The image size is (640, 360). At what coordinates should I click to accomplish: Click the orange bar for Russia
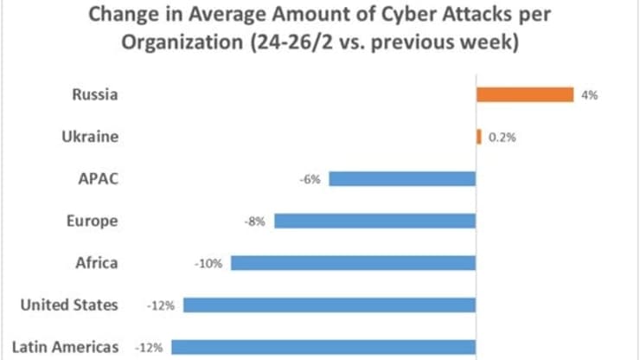pos(525,94)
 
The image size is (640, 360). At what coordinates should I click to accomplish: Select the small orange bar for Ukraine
pos(478,137)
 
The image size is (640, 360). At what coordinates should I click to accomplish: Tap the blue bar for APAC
pos(402,179)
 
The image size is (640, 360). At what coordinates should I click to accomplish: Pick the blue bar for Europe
pos(375,221)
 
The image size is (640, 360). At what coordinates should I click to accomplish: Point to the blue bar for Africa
pos(353,262)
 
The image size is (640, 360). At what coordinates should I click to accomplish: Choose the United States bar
pos(330,305)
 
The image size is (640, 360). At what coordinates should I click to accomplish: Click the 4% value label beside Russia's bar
pos(591,95)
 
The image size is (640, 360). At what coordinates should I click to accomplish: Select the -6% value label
pos(311,179)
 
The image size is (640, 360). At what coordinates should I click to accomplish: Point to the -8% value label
pos(256,221)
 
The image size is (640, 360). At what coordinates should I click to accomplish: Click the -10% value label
pos(210,263)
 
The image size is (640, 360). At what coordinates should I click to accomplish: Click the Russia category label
pos(97,94)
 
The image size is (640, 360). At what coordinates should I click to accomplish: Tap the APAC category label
pos(98,178)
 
